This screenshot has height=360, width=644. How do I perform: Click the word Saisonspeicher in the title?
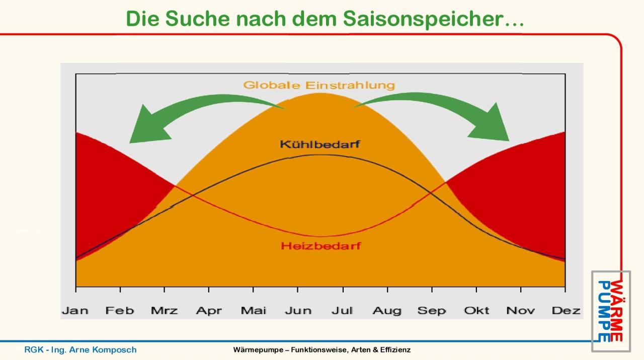(x=434, y=19)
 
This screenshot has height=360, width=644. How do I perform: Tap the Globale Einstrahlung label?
(x=319, y=85)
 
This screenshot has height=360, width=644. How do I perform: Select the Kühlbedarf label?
(x=320, y=144)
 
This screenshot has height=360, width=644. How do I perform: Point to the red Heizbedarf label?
(x=321, y=246)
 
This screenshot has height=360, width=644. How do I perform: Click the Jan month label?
(x=75, y=311)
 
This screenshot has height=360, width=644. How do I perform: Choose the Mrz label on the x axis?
(x=164, y=311)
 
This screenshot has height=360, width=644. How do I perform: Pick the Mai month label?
(x=253, y=311)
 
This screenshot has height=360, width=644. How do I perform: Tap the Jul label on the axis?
(x=342, y=311)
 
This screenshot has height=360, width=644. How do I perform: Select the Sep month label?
(x=432, y=311)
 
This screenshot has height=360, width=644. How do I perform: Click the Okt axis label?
(x=476, y=311)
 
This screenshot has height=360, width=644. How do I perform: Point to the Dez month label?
(x=566, y=311)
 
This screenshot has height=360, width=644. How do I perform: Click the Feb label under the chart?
(x=120, y=311)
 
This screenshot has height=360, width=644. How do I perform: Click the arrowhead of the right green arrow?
(x=492, y=124)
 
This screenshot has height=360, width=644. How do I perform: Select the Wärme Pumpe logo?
(x=611, y=311)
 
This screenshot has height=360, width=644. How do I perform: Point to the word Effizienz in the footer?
(x=395, y=350)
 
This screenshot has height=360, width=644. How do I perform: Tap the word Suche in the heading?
(x=198, y=19)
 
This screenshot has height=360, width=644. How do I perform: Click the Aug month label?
(x=387, y=311)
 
